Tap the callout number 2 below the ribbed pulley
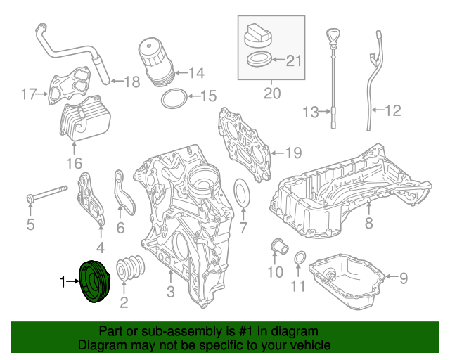pyautogui.click(x=124, y=304)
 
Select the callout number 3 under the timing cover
pyautogui.click(x=170, y=292)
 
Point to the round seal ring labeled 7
pyautogui.click(x=240, y=195)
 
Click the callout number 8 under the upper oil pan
pyautogui.click(x=368, y=224)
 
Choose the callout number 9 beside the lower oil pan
pyautogui.click(x=403, y=278)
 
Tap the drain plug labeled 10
pyautogui.click(x=278, y=247)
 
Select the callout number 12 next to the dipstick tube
pyautogui.click(x=392, y=110)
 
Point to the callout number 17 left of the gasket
pyautogui.click(x=27, y=94)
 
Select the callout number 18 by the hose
pyautogui.click(x=132, y=82)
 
